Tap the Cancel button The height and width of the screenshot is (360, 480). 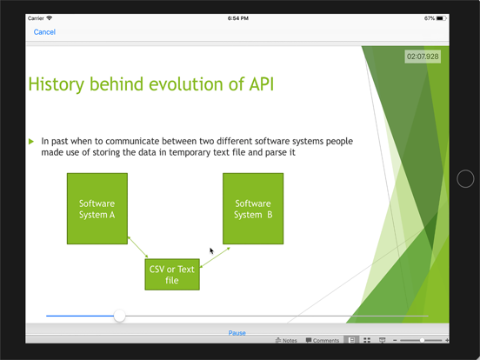tap(44, 32)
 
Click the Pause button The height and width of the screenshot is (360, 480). tap(237, 333)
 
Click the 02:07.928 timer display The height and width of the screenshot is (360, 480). tap(423, 57)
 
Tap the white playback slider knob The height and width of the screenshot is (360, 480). tap(120, 316)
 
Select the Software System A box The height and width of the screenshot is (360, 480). tap(97, 209)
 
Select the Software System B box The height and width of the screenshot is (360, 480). tap(253, 209)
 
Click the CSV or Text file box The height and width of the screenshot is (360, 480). tap(172, 275)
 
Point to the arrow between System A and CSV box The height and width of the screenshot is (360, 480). tap(137, 247)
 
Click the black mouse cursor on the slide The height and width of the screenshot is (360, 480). tap(211, 250)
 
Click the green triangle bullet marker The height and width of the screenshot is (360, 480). tap(32, 140)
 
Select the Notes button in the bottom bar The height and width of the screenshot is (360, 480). tap(286, 341)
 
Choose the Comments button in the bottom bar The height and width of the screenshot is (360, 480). tap(323, 341)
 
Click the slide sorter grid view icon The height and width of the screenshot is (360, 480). tap(367, 341)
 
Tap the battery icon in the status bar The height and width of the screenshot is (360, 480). tap(443, 17)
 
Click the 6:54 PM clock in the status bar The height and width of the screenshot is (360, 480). tap(239, 17)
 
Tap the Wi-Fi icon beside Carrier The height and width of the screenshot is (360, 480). tap(50, 17)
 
